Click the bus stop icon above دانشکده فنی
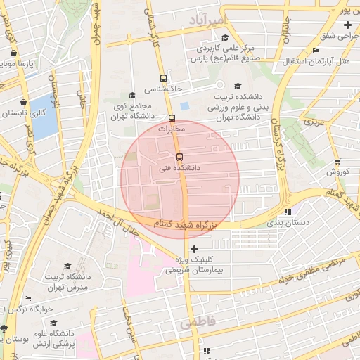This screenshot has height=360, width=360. (x=179, y=156)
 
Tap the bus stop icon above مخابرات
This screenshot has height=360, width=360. (x=172, y=117)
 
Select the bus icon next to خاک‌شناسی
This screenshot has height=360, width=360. (x=164, y=78)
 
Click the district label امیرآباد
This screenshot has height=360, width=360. (x=205, y=22)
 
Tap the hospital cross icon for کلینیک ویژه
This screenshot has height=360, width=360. (x=194, y=249)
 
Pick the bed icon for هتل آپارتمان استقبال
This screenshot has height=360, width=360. (x=316, y=51)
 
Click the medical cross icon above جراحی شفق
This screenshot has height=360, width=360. (x=347, y=25)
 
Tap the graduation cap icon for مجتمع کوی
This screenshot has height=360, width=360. (x=131, y=96)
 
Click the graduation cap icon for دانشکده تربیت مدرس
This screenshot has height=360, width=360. (x=68, y=266)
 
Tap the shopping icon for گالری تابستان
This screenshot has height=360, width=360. (x=24, y=102)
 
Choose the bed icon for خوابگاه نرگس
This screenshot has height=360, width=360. (x=27, y=299)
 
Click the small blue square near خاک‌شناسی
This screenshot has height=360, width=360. (x=185, y=105)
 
